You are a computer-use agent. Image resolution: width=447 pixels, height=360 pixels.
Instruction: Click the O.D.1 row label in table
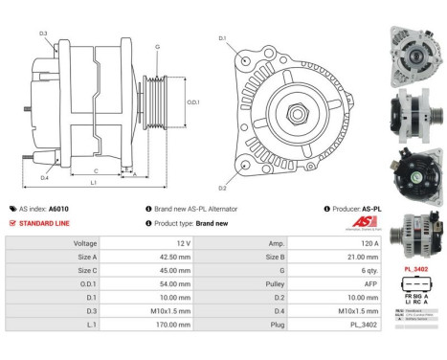[x=86, y=285]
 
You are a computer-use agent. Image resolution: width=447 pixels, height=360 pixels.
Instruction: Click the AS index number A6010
[x=59, y=208]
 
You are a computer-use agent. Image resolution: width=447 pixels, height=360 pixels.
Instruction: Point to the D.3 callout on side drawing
[x=44, y=34]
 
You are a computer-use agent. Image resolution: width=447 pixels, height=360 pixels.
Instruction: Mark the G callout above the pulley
[x=157, y=45]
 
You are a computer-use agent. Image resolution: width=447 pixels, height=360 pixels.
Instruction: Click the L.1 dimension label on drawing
[x=93, y=182]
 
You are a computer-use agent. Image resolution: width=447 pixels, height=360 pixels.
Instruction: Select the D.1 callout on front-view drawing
[x=222, y=38]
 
